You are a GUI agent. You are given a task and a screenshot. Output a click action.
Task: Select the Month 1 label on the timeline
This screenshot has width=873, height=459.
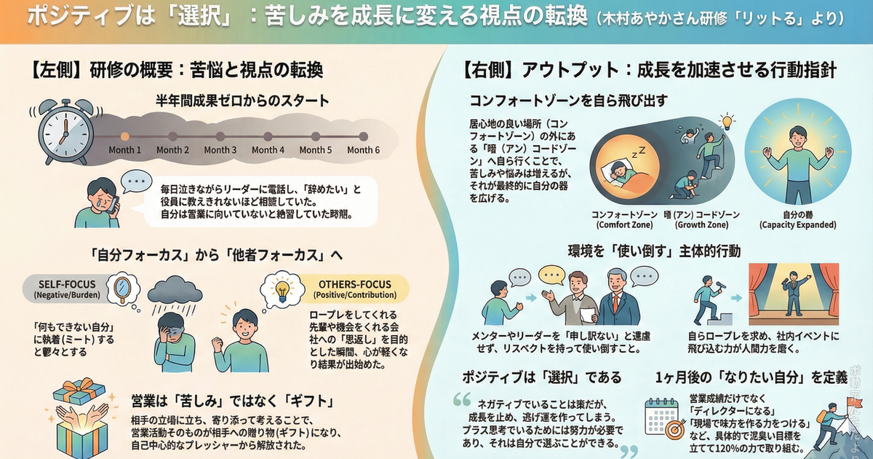(124, 150)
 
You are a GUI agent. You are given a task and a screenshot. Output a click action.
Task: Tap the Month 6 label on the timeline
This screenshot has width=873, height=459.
(363, 150)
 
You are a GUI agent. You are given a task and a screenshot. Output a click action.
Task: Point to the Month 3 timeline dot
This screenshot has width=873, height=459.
(220, 136)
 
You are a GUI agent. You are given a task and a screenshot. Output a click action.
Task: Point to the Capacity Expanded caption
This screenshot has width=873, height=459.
(797, 219)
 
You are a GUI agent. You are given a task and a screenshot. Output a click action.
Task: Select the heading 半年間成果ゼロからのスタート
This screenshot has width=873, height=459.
(242, 101)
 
